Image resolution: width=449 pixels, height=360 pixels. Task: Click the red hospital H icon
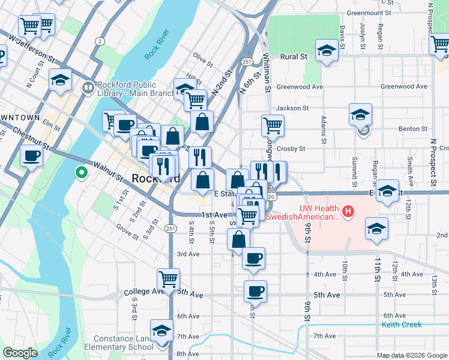point(348,211)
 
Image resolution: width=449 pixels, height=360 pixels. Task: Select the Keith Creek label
point(402,325)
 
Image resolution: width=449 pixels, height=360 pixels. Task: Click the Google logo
point(20,353)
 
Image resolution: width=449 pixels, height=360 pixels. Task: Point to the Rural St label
point(294,56)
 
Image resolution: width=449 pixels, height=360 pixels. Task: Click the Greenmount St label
point(369,12)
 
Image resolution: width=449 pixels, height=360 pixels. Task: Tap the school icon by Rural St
point(327,51)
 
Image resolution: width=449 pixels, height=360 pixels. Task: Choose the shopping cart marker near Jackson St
point(273,126)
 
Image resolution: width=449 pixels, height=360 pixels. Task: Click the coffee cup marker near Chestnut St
point(31,156)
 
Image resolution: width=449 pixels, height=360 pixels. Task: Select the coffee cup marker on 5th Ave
point(255,292)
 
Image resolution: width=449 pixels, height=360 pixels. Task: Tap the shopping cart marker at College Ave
point(168,279)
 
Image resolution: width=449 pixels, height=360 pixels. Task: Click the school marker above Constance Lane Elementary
point(161,331)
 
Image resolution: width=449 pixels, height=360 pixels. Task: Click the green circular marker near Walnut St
point(82,174)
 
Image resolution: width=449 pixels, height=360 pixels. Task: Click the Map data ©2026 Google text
point(412,355)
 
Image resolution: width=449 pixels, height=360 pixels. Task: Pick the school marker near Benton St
point(360,114)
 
